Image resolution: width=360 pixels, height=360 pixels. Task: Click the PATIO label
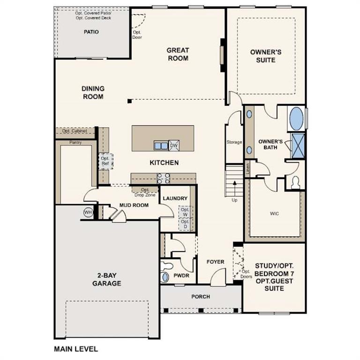pyautogui.click(x=91, y=32)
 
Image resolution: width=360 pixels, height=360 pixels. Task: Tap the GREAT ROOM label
pyautogui.click(x=178, y=54)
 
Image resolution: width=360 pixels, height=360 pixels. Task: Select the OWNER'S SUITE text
pyautogui.click(x=266, y=56)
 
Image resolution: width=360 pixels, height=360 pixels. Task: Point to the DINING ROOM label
pyautogui.click(x=93, y=92)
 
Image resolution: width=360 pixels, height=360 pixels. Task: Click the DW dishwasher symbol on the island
pyautogui.click(x=173, y=146)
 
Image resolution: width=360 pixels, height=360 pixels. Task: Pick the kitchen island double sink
pyautogui.click(x=161, y=146)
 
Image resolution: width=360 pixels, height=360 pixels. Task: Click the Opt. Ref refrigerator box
pyautogui.click(x=105, y=161)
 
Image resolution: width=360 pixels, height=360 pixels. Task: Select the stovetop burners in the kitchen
pyautogui.click(x=163, y=178)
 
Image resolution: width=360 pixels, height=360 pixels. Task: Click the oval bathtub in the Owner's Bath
pyautogui.click(x=296, y=119)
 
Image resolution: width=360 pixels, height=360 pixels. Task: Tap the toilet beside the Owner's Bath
pyautogui.click(x=296, y=182)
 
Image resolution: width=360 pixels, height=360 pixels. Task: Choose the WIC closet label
pyautogui.click(x=274, y=214)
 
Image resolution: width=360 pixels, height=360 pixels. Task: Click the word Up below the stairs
pyautogui.click(x=235, y=200)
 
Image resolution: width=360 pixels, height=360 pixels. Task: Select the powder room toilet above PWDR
pyautogui.click(x=165, y=267)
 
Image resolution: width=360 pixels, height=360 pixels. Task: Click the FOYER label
pyautogui.click(x=215, y=262)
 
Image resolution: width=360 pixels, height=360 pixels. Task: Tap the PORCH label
pyautogui.click(x=201, y=297)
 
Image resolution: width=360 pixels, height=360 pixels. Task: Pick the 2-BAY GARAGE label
pyautogui.click(x=106, y=280)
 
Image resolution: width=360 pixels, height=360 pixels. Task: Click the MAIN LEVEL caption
pyautogui.click(x=76, y=349)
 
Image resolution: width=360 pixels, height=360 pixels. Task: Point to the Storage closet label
pyautogui.click(x=234, y=142)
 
